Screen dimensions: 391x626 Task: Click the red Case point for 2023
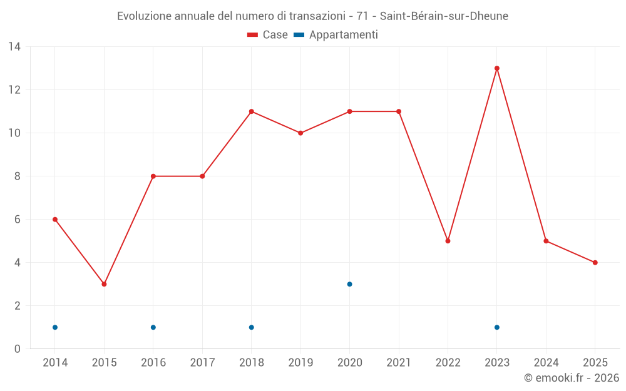[x=497, y=68]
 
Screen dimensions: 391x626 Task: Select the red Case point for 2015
[x=104, y=284]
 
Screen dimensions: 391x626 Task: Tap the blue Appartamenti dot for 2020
[x=349, y=284]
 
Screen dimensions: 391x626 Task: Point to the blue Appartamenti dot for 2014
[x=55, y=327]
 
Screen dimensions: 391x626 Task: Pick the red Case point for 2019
[x=300, y=133]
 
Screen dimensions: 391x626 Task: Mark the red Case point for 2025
[x=595, y=263]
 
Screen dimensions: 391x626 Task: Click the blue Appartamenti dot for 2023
[x=497, y=327]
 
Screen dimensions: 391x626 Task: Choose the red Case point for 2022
[x=448, y=241]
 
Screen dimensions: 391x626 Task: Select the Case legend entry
[x=268, y=35]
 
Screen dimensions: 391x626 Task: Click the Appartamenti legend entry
[x=336, y=35]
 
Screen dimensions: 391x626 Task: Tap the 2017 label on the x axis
[x=202, y=363]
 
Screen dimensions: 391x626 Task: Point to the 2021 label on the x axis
[x=399, y=363]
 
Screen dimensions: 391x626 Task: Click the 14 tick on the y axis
[x=14, y=47]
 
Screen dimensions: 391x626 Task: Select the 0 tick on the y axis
[x=18, y=349]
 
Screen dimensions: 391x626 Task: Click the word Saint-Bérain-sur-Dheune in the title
[x=444, y=16]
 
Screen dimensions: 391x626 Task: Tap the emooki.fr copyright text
[x=572, y=378]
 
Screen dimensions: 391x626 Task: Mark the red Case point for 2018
[x=251, y=111]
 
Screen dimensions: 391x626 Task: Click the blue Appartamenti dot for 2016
[x=153, y=327]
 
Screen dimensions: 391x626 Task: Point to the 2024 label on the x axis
[x=546, y=363]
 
